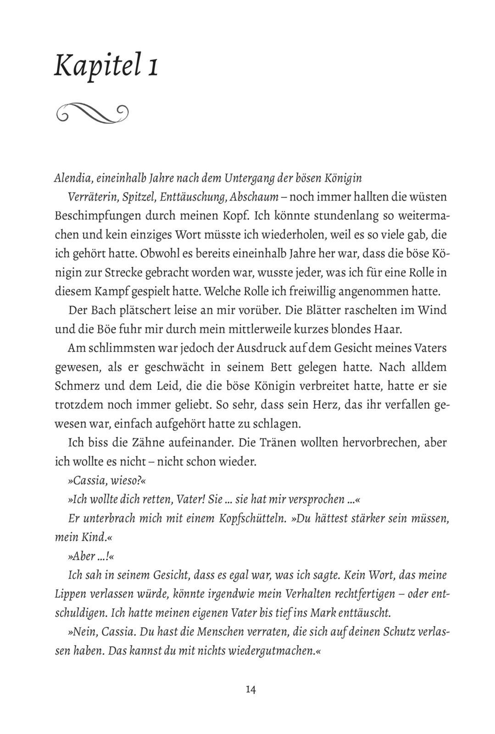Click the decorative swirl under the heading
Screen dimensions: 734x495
[91, 111]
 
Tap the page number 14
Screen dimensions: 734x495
[250, 690]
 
